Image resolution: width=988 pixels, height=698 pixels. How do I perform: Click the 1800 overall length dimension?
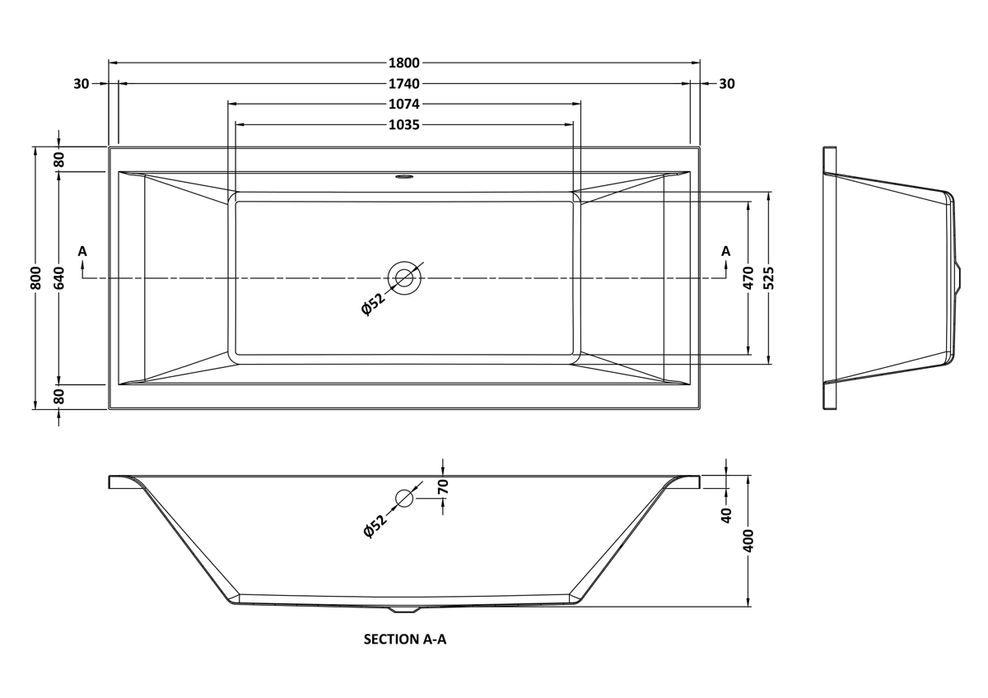(x=404, y=63)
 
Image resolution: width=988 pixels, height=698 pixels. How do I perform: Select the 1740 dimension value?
(x=404, y=84)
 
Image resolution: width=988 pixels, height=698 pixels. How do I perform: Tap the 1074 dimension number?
(x=404, y=105)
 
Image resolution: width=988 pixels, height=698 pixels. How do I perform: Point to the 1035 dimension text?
(x=404, y=125)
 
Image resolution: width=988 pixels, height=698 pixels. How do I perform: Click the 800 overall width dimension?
(x=36, y=277)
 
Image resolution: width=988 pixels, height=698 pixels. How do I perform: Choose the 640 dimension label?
(x=59, y=277)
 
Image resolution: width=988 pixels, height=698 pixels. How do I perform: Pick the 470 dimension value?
(x=748, y=277)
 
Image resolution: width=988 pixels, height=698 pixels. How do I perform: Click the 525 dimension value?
(x=769, y=277)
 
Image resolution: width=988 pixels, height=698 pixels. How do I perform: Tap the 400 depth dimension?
(x=748, y=541)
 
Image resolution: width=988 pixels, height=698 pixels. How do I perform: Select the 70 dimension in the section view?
(x=443, y=486)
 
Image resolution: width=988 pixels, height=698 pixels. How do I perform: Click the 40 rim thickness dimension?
(x=726, y=515)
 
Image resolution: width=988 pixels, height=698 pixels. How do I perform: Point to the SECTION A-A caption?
(x=405, y=640)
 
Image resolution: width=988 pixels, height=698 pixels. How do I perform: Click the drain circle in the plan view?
(x=404, y=278)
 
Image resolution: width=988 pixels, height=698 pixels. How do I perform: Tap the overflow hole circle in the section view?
(x=404, y=498)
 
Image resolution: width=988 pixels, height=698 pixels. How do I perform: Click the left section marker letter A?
(x=82, y=251)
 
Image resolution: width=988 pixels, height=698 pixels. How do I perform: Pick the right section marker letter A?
(x=725, y=251)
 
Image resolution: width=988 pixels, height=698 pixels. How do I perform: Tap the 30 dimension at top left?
(x=82, y=84)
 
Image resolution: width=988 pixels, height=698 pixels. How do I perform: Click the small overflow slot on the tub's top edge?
(x=404, y=178)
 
